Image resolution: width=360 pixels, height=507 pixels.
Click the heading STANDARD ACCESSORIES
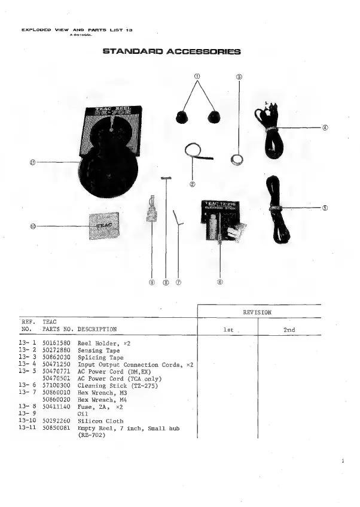tap(172, 51)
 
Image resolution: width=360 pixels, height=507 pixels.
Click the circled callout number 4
tap(325, 127)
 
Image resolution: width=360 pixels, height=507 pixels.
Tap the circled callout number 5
tap(325, 208)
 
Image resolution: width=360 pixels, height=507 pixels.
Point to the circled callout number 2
tap(193, 184)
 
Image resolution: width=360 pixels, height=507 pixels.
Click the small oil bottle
tap(152, 211)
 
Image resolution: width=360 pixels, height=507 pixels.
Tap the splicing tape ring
tap(237, 159)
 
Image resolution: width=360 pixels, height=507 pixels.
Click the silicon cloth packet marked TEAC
tap(104, 225)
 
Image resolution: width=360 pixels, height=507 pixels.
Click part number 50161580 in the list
tap(57, 343)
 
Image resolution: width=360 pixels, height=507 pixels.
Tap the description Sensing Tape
tap(99, 350)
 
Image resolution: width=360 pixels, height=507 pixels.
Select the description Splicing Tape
tap(100, 357)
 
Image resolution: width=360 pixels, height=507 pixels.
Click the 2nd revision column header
tap(289, 330)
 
